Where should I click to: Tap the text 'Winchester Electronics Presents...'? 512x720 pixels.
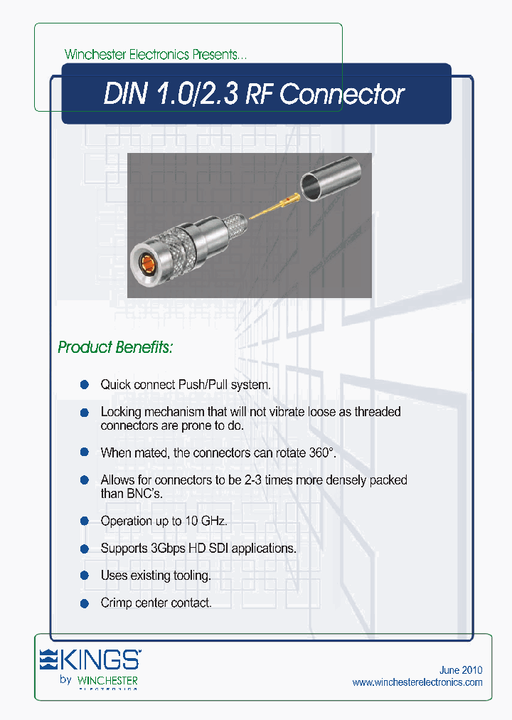pos(156,55)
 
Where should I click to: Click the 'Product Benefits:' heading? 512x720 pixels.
pos(115,348)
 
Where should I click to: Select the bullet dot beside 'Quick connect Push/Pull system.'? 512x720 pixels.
pos(84,385)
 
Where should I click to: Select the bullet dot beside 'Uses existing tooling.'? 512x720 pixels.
pos(84,576)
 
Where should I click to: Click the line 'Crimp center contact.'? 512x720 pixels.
pos(156,603)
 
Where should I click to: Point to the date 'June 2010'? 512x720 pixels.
pos(461,670)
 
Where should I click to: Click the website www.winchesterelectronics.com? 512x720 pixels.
pos(417,682)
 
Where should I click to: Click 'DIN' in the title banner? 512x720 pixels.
pos(124,95)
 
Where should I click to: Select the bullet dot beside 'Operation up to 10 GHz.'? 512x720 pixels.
pos(84,522)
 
